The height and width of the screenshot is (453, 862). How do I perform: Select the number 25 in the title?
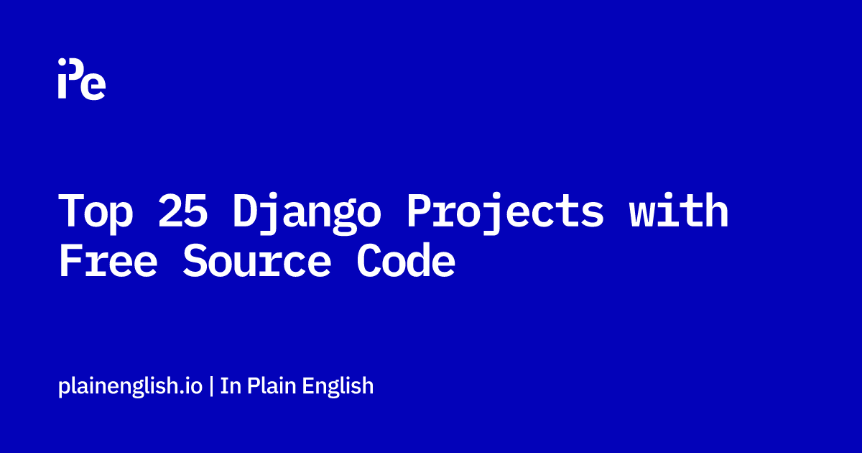click(x=182, y=210)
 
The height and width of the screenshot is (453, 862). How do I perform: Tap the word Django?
click(x=307, y=214)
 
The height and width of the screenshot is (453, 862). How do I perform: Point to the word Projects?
click(x=505, y=214)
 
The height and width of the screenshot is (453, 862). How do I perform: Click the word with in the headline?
click(x=679, y=210)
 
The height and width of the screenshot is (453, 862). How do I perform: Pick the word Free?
click(x=108, y=260)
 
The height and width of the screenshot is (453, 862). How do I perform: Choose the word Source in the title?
click(x=256, y=260)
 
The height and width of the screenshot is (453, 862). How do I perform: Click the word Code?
click(x=406, y=260)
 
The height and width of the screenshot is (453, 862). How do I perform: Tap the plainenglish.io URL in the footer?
click(x=130, y=386)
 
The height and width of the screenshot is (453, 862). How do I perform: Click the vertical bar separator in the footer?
click(x=212, y=386)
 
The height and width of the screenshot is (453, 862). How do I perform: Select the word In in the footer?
click(x=231, y=386)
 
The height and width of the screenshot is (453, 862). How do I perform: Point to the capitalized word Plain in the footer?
click(x=272, y=385)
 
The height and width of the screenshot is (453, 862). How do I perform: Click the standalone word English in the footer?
click(x=338, y=386)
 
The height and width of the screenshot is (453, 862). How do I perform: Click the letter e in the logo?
click(x=93, y=87)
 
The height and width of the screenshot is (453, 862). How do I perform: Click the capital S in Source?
click(x=195, y=260)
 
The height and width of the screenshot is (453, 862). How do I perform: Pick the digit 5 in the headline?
click(x=195, y=211)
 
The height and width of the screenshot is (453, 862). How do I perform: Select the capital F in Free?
click(x=70, y=260)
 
